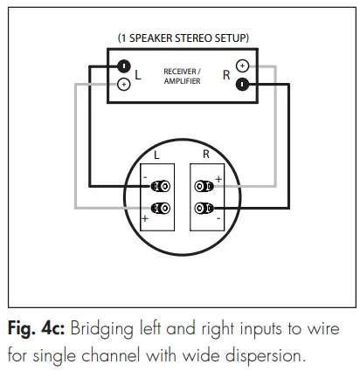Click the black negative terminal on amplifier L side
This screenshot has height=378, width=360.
[x=125, y=66]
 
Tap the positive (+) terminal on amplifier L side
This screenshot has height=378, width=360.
[x=124, y=85]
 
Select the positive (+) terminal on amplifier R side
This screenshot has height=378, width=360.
[x=242, y=66]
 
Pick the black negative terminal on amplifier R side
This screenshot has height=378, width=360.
[x=242, y=85]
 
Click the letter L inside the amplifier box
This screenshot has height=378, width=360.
[x=138, y=76]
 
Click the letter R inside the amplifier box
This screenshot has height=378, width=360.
[x=225, y=76]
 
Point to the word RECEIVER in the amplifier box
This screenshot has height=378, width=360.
[x=181, y=71]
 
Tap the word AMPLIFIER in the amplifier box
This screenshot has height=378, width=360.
[x=181, y=81]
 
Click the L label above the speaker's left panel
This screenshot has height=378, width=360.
[x=156, y=155]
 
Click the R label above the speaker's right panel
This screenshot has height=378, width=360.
[x=206, y=155]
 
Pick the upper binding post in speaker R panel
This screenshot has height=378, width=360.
[x=204, y=186]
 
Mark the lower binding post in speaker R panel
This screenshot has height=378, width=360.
[x=204, y=208]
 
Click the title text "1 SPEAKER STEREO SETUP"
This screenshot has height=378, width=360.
[x=183, y=38]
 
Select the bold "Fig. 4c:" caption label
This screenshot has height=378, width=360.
[x=39, y=333]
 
